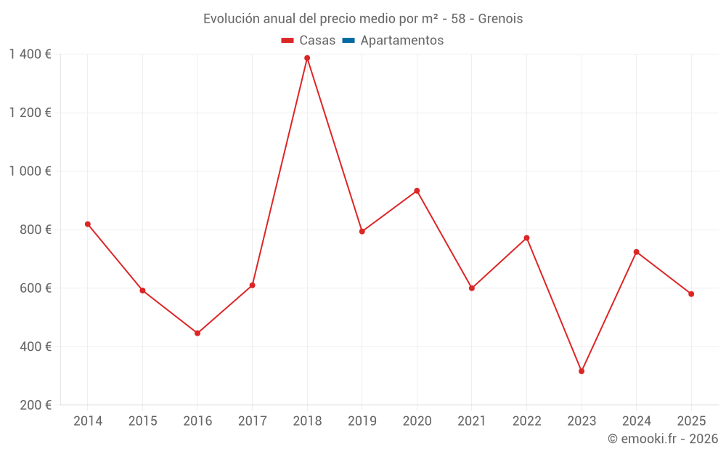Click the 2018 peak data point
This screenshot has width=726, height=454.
point(307,58)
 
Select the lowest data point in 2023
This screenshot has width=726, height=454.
point(582,371)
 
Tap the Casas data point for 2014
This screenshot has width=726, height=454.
point(88,224)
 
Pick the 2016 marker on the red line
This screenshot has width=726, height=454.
point(197,333)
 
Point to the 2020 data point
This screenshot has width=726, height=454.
point(417,191)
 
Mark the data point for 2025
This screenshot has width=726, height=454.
point(691,294)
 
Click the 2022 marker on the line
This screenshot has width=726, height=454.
point(526,238)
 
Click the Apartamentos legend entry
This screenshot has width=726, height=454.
point(401,41)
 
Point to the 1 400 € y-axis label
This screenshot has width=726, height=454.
point(30,54)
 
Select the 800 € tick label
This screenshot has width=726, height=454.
point(35,230)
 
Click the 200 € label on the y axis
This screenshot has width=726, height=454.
point(35,405)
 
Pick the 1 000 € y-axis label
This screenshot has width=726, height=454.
point(30,171)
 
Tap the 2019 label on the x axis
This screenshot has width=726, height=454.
point(362,421)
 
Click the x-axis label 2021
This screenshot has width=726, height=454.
point(471,421)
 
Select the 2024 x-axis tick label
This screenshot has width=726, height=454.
point(636,421)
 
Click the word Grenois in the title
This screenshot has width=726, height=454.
point(500,19)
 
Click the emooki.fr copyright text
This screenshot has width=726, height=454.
point(663,439)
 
